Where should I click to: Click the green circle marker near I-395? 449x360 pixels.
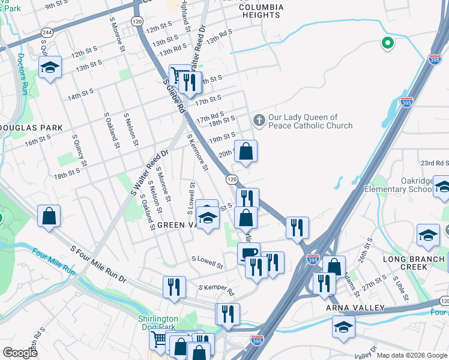(388, 43)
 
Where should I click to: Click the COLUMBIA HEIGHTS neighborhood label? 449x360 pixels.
(260, 11)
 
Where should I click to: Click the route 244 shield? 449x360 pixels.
(46, 31)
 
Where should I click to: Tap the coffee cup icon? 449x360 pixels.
(249, 253)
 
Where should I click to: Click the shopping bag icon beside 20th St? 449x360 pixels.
(246, 152)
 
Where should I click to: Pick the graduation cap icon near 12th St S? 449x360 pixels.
(50, 68)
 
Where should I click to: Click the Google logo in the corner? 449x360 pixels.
(20, 353)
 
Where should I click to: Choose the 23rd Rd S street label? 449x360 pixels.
(435, 163)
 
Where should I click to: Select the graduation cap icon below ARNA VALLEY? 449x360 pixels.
(343, 327)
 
